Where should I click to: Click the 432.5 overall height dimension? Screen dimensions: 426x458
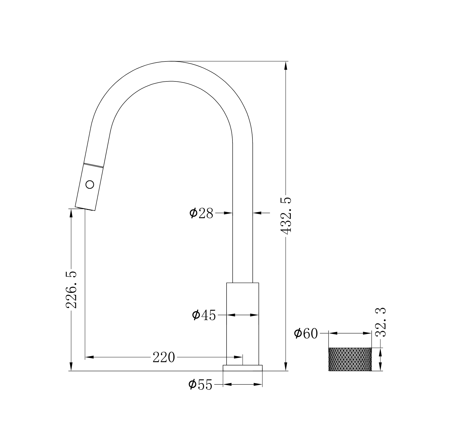tap(286, 216)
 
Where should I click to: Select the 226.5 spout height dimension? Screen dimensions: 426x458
tap(72, 290)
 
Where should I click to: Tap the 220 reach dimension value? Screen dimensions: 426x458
tap(164, 358)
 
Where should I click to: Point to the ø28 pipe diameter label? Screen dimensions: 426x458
tap(201, 213)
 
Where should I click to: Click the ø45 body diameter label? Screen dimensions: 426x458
tap(204, 315)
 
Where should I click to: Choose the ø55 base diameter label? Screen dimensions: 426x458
tap(200, 385)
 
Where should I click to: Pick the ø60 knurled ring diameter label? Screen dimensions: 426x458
tap(306, 334)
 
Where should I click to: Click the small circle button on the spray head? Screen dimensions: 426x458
tap(90, 185)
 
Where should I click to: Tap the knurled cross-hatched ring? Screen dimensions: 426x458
tap(350, 359)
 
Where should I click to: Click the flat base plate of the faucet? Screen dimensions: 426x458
tap(242, 368)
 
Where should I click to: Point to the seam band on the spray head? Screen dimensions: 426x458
tap(93, 165)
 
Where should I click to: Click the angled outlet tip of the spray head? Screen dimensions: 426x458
tap(85, 208)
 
